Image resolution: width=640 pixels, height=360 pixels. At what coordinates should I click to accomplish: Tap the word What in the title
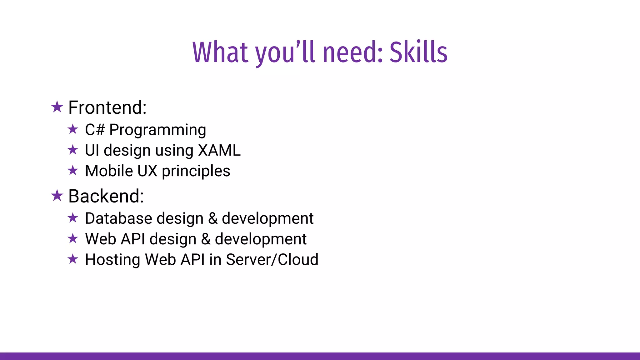[x=220, y=52]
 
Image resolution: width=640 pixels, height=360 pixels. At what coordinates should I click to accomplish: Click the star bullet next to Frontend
[x=57, y=107]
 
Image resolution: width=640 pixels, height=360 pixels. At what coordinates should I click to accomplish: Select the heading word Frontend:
[x=107, y=107]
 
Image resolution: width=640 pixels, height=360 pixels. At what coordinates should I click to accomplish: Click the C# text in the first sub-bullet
[x=95, y=130]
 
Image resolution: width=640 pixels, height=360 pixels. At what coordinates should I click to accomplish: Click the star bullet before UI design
[x=73, y=150]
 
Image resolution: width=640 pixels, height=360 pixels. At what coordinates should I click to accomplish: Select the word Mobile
[x=109, y=171]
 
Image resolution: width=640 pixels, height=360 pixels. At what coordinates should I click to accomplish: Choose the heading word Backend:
[x=106, y=196]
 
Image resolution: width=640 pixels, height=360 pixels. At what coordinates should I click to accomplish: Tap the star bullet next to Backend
[x=57, y=196]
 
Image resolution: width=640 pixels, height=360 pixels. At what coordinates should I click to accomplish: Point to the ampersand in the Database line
[x=213, y=218]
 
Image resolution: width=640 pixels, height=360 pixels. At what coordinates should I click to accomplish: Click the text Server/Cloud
[x=272, y=260]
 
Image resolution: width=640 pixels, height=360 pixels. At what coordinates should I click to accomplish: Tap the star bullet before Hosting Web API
[x=73, y=259]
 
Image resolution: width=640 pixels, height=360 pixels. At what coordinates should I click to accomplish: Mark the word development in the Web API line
[x=261, y=239]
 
